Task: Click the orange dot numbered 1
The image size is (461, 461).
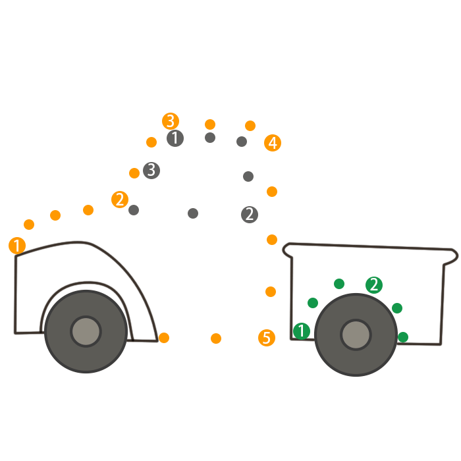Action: click(x=17, y=246)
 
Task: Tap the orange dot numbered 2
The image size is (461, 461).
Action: click(x=120, y=200)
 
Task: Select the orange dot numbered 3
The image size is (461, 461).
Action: click(x=171, y=121)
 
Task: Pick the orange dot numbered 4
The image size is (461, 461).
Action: click(x=273, y=143)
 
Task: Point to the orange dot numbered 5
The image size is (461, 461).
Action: click(x=266, y=339)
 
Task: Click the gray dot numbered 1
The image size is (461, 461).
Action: click(x=175, y=138)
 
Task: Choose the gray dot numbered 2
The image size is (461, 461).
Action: click(x=249, y=214)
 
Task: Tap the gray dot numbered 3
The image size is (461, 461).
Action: click(x=151, y=170)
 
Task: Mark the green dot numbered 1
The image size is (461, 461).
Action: click(x=302, y=331)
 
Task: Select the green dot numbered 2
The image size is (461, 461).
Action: click(x=374, y=285)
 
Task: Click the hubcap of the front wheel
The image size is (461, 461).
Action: click(x=86, y=331)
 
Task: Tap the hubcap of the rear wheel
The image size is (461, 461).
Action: click(x=356, y=335)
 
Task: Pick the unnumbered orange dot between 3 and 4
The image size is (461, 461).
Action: click(x=210, y=124)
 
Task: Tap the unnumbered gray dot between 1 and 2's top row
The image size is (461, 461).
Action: click(x=210, y=138)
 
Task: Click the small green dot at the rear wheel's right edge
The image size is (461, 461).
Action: click(x=403, y=337)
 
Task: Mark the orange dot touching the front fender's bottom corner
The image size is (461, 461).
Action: click(x=164, y=338)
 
